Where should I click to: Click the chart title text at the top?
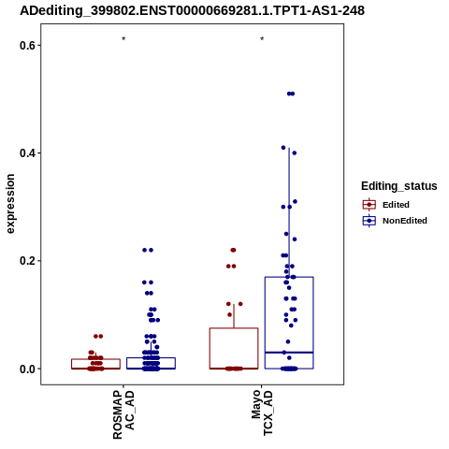[192, 11]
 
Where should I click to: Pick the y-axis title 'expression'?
[10, 204]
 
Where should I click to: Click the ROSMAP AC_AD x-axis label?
[123, 414]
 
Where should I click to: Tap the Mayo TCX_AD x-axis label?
[262, 413]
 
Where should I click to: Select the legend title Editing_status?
[399, 186]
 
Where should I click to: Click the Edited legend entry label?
[396, 205]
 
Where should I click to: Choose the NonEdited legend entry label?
[405, 221]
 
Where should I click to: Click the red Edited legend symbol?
[369, 205]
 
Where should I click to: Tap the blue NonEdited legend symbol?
[369, 221]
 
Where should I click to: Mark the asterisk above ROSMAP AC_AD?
[123, 39]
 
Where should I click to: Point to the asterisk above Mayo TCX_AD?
[262, 39]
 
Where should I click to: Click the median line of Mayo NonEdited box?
[289, 353]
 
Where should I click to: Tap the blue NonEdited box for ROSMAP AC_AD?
[151, 358]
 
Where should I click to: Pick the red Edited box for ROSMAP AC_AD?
[95, 359]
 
